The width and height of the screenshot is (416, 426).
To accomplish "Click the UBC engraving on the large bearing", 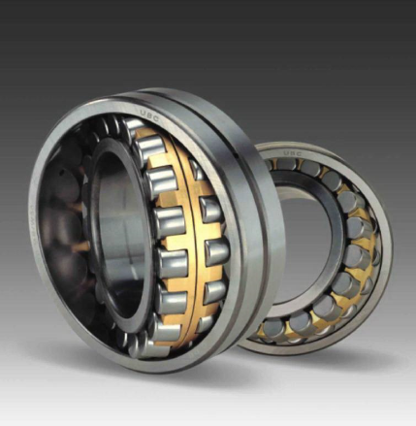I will pos(151,114).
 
